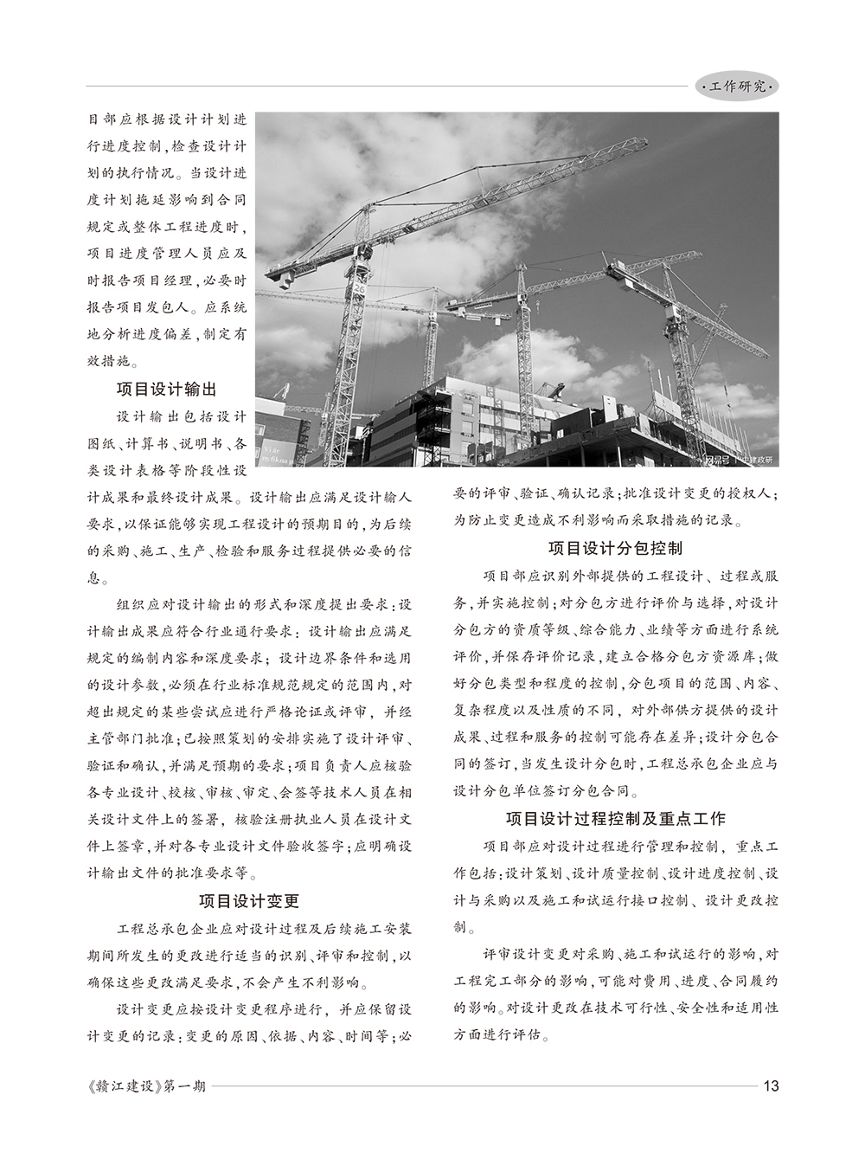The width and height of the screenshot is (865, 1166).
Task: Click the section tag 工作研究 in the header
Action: coord(736,87)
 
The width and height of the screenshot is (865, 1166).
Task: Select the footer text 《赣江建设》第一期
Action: coord(146,1086)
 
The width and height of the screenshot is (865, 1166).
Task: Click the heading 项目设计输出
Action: coord(168,389)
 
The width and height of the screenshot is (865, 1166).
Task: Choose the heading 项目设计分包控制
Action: coord(616,548)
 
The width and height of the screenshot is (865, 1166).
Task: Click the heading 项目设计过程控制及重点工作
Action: coord(616,818)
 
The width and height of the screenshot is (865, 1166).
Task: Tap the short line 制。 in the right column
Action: coord(466,926)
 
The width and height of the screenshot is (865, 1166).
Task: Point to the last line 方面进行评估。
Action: coord(503,1034)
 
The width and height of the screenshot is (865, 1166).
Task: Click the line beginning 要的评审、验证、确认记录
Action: coord(616,494)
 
